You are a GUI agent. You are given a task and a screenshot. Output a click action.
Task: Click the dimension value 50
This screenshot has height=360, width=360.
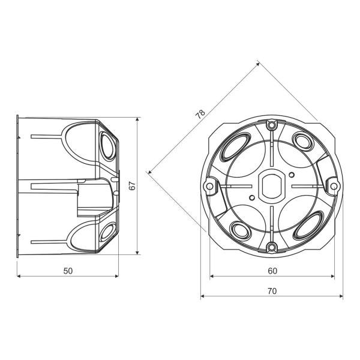click(x=68, y=271)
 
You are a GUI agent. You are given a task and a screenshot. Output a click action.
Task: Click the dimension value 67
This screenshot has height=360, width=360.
click(x=132, y=186)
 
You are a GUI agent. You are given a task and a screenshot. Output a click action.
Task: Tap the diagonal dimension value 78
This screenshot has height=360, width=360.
click(x=200, y=114)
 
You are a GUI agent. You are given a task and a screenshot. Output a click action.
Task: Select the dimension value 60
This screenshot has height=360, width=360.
click(x=272, y=271)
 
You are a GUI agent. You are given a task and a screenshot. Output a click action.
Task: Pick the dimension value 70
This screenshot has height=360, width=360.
click(x=272, y=292)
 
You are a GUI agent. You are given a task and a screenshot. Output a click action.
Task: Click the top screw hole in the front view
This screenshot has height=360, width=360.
click(x=272, y=125)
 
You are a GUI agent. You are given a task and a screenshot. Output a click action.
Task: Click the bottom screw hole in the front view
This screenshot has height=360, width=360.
click(x=272, y=247)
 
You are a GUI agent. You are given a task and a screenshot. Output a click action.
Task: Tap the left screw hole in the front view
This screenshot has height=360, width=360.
click(x=209, y=186)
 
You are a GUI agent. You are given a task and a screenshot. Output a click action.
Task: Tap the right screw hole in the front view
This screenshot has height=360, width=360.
click(x=334, y=186)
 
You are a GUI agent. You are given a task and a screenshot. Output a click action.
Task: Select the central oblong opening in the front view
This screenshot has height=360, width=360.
click(x=272, y=186)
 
